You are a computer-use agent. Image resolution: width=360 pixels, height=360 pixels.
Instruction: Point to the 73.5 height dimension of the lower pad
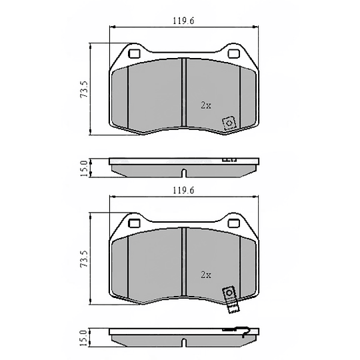click(x=84, y=260)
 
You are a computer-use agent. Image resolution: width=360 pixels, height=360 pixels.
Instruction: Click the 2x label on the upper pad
click(x=206, y=105)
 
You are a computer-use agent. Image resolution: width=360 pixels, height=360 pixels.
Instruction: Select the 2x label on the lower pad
click(x=206, y=275)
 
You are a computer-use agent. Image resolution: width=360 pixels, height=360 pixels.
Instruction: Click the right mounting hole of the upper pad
click(x=233, y=54)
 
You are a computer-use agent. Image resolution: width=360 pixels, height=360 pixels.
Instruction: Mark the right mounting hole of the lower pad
click(x=233, y=224)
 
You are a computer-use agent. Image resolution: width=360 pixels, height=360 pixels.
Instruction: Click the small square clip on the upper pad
click(x=229, y=123)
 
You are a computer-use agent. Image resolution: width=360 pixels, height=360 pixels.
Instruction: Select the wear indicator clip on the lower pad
click(x=230, y=297)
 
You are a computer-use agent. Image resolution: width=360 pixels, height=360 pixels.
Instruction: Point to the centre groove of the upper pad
click(x=183, y=97)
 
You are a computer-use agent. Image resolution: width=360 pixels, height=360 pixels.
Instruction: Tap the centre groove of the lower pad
click(x=183, y=267)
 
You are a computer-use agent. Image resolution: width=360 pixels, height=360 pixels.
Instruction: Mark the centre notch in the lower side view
click(x=183, y=342)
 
